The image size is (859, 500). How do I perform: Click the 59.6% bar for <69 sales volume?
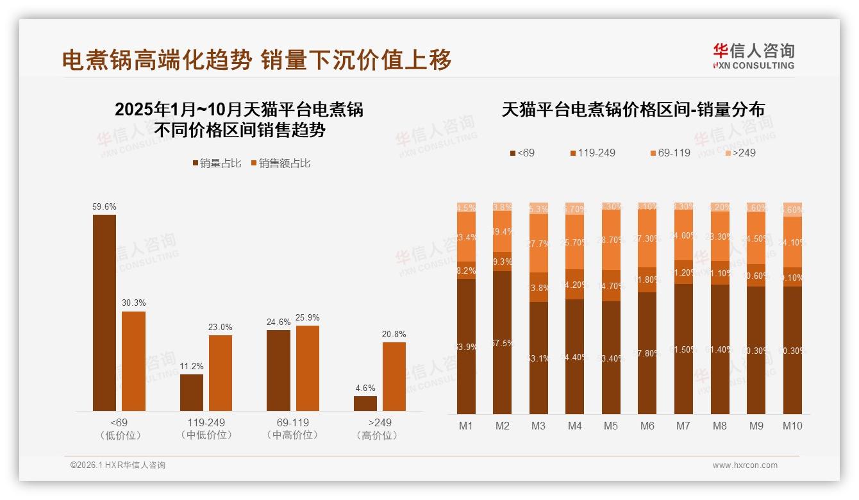coord(104,313)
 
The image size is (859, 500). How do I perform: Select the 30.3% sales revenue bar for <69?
coord(133,361)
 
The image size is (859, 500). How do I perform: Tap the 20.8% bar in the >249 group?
coord(394,376)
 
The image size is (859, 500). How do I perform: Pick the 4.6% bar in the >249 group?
coord(365,403)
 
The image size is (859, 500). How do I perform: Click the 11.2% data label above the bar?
coord(192,367)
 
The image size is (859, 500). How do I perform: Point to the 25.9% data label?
coord(308,318)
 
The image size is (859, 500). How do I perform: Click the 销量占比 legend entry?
coord(217,163)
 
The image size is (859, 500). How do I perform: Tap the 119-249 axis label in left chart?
coord(206,423)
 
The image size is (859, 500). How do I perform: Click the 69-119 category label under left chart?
coord(292,423)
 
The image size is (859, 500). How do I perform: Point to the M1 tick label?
coord(466,426)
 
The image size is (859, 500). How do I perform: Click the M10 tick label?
coord(792,426)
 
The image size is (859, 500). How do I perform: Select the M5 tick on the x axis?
coord(611,426)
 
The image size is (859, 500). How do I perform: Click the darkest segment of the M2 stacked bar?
coord(503,342)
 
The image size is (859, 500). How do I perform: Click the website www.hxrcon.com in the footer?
coord(745,465)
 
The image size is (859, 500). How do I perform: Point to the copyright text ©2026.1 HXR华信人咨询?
coord(118,465)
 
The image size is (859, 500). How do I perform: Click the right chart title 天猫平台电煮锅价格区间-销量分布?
coord(633,110)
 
